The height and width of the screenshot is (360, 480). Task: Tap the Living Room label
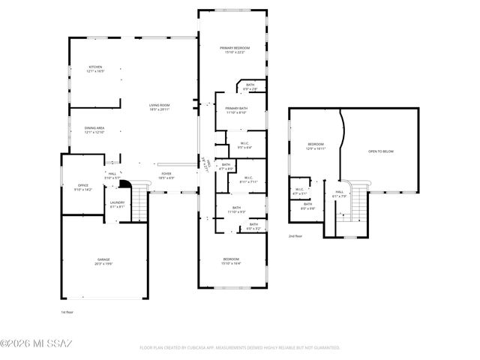point(159,107)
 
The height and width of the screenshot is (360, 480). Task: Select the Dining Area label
point(94,130)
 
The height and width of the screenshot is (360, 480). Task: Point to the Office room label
point(83,187)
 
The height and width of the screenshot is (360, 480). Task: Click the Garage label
point(103,261)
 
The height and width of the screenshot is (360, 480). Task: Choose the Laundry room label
point(117,204)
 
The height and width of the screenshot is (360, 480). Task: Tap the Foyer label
point(166,175)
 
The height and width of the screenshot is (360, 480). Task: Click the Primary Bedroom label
point(234,49)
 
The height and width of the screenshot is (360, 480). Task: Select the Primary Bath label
point(237,110)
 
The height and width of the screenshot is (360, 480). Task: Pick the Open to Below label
point(381,151)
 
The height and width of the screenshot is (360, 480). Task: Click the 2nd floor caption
point(295,236)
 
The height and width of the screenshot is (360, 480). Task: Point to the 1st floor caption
point(67,311)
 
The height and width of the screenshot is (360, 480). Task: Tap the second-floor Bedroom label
point(316,145)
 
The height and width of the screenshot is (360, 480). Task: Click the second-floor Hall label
point(340,193)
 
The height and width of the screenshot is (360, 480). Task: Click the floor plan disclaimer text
point(240,348)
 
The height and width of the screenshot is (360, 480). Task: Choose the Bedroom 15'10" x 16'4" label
point(231,262)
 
